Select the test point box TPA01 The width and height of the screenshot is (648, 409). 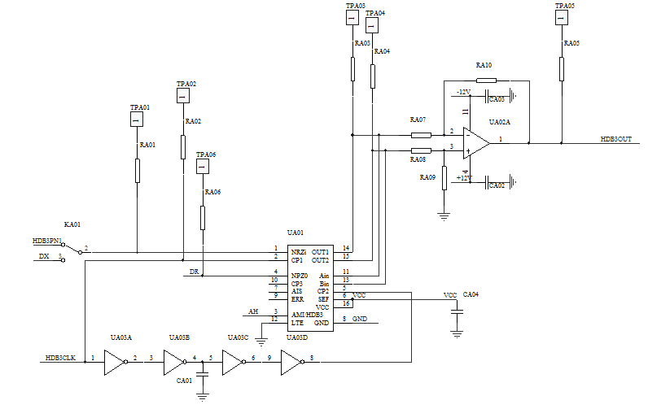point(138,120)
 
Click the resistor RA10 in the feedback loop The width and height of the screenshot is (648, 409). point(486,80)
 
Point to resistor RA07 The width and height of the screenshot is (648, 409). point(421,134)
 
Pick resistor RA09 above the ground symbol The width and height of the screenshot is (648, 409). point(444,178)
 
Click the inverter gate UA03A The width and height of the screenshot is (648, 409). point(115,362)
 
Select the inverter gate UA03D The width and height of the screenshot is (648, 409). point(291,362)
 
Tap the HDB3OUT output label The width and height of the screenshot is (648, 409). point(616,140)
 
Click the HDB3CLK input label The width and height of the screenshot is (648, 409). point(61,358)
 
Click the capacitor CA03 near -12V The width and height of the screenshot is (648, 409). point(496,98)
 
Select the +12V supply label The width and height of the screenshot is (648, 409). point(463,176)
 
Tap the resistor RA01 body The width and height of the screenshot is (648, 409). point(138,171)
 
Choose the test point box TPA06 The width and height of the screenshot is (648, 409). point(202,167)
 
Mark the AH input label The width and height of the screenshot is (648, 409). point(252,311)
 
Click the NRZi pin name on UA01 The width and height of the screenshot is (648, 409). point(299,252)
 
